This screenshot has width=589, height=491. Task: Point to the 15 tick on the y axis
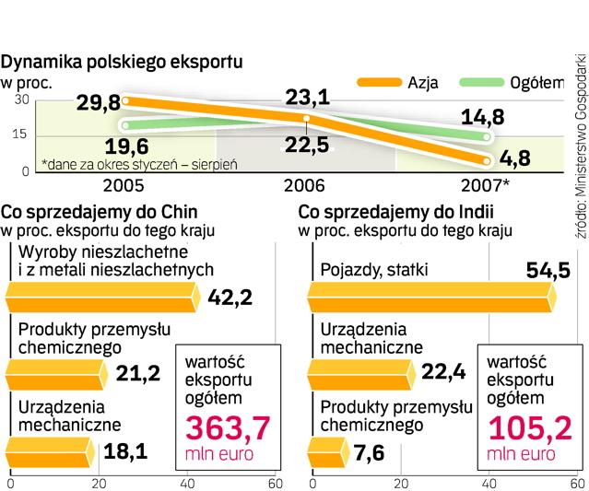(20, 135)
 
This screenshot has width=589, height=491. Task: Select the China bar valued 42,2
(101, 297)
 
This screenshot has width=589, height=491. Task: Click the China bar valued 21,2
(56, 373)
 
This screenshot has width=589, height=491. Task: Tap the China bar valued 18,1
(52, 450)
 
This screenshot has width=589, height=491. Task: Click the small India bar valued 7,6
(324, 450)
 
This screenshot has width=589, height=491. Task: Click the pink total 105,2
(522, 427)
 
